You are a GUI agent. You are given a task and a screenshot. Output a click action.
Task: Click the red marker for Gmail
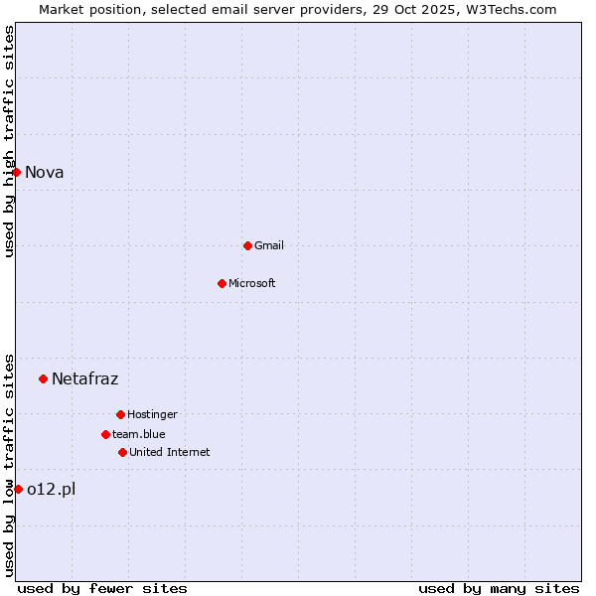click(247, 245)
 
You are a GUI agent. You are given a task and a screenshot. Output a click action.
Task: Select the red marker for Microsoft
click(222, 283)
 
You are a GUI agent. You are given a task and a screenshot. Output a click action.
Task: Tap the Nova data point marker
click(17, 172)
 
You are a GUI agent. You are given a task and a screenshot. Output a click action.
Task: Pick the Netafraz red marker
click(43, 378)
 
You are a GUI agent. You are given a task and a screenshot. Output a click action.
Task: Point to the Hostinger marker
click(120, 414)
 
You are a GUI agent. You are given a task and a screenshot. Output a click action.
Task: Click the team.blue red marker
click(105, 434)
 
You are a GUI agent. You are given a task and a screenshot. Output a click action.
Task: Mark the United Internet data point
click(122, 452)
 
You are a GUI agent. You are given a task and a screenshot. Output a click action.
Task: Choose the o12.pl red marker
click(18, 489)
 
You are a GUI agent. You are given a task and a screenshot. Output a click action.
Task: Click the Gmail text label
click(269, 245)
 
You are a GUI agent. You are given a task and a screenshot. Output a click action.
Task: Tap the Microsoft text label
click(252, 283)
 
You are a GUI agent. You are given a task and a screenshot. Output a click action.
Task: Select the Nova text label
click(45, 172)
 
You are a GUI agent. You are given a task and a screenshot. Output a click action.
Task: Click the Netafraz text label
click(85, 378)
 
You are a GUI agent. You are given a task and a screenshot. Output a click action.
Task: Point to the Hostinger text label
click(152, 414)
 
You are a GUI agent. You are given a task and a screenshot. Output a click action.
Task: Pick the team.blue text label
click(139, 434)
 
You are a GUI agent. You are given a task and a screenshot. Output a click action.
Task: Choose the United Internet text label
click(170, 452)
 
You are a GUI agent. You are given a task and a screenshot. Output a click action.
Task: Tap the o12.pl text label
click(52, 489)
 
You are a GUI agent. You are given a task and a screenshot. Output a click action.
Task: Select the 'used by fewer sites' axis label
click(102, 588)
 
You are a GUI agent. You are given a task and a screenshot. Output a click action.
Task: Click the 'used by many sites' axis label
click(499, 588)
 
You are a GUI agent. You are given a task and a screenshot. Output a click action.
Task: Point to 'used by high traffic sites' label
click(9, 141)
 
